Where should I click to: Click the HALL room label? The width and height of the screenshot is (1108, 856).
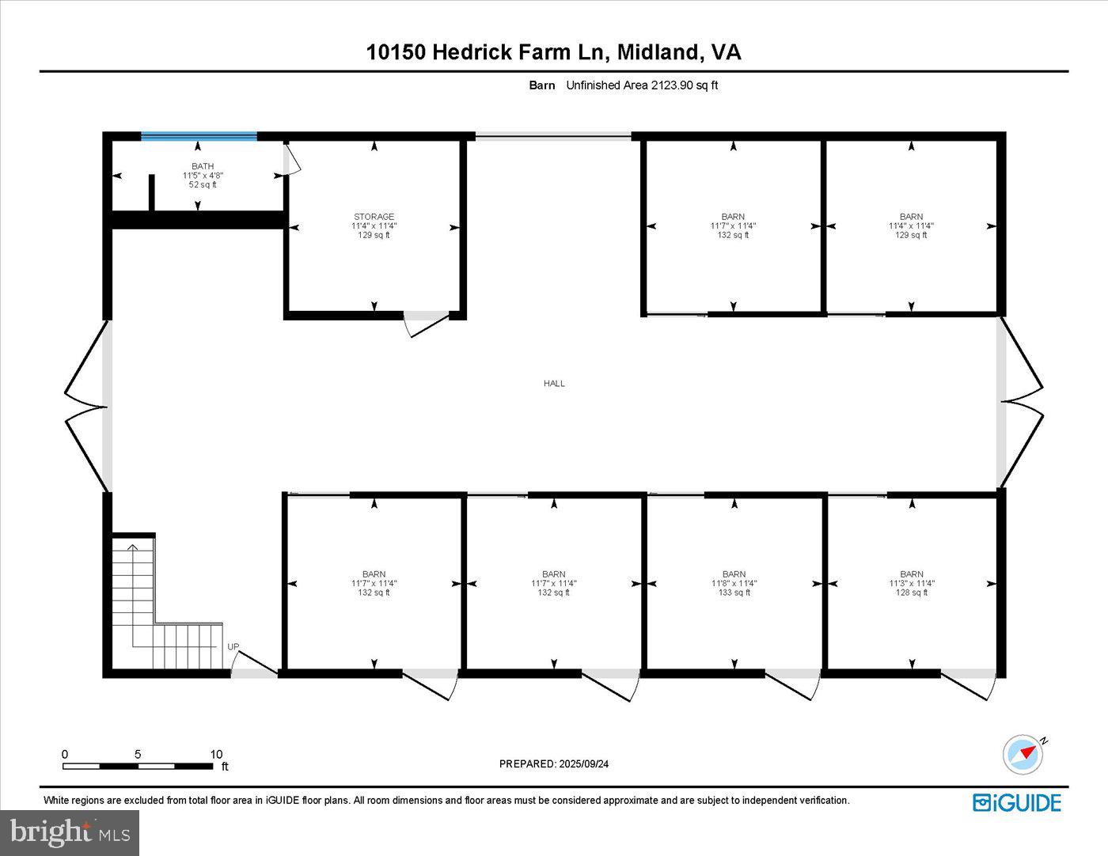coord(554,384)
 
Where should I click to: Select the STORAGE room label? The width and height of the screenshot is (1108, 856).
coord(374,217)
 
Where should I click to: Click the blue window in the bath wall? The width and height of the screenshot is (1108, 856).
coord(199,137)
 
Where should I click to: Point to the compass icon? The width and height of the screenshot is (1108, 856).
coord(1023,755)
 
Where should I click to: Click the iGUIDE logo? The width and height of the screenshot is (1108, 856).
coord(1016,803)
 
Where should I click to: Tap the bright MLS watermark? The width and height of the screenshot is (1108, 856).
coord(70,832)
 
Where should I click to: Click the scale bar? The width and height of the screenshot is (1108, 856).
coord(138,766)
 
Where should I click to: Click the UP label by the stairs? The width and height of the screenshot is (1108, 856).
coord(233,647)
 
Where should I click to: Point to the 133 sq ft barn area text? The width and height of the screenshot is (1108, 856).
coord(734,593)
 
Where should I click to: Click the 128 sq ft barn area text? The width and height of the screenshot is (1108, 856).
coord(912,593)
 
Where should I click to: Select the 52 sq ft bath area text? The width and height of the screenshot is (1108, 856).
coord(203,185)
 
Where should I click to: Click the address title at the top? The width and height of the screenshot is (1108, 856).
coord(554,52)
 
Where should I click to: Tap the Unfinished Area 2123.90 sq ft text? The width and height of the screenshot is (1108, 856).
coord(642,85)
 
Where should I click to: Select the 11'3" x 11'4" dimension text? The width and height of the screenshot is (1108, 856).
coord(912,583)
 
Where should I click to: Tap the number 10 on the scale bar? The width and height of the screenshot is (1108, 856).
coord(216,755)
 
